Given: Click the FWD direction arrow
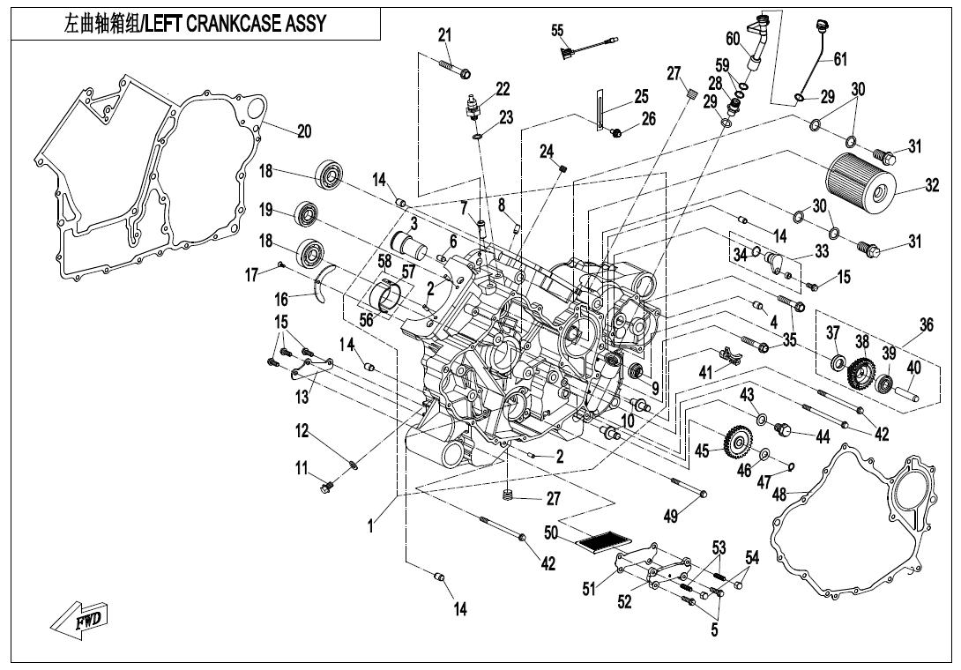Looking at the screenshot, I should (78, 620).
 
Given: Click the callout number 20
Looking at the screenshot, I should (303, 131).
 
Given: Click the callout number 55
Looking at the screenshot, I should (557, 31).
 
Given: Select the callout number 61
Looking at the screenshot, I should (839, 59).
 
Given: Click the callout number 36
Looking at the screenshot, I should (925, 325).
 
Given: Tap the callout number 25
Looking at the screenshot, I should (640, 96).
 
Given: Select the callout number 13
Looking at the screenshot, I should (302, 398).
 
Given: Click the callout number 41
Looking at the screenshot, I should (705, 373).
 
